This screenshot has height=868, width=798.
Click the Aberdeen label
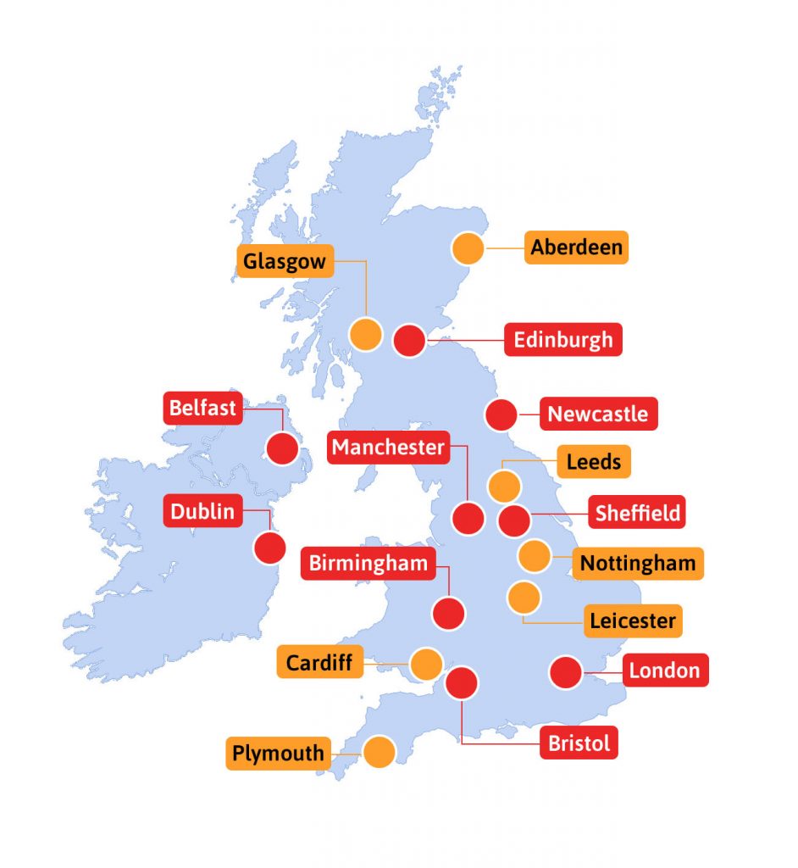pos(576,248)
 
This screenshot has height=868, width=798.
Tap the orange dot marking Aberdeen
pos(468,248)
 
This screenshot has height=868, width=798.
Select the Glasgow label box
pos(285,262)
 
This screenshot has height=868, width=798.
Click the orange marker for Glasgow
pos(366,335)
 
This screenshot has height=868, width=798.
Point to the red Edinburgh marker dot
pos(410,341)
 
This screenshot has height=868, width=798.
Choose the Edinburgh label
pos(563,340)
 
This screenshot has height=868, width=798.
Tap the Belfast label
pos(202,408)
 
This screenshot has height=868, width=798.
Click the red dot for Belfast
pos(283,448)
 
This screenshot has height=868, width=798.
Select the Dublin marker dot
pos(270,548)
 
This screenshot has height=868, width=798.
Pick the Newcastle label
pos(597,415)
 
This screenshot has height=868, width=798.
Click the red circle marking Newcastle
pos(501,415)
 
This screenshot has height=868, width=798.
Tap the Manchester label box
pos(388,447)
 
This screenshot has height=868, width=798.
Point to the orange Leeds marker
pos(504,487)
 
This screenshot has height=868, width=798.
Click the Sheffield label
pos(637,513)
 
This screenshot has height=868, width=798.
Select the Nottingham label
pos(637,563)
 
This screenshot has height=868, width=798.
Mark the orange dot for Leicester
pos(524,598)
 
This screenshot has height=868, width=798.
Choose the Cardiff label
pos(319,662)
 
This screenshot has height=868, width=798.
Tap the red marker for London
pos(565,672)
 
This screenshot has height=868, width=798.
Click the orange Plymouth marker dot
pos(380,752)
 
